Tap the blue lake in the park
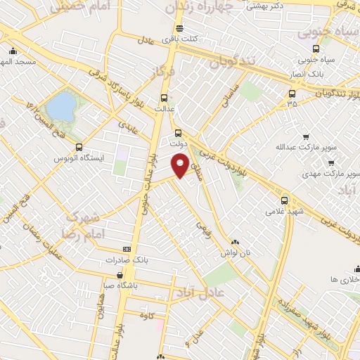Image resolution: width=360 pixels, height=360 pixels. (x=61, y=107)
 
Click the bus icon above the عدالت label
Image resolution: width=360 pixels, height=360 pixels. (x=165, y=98)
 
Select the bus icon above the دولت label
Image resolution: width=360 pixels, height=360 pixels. (x=178, y=132)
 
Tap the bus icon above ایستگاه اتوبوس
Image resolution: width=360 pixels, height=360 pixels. (x=79, y=148)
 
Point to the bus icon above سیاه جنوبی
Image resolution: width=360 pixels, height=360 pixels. (x=315, y=49)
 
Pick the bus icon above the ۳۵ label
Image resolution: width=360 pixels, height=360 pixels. (x=292, y=93)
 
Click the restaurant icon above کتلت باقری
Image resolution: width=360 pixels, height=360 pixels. (x=179, y=29)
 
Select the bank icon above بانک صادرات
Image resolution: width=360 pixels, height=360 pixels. (x=127, y=248)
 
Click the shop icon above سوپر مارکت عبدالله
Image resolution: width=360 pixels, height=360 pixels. (x=305, y=137)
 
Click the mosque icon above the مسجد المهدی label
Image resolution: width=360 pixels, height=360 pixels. (x=13, y=51)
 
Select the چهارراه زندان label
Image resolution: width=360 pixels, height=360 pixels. (x=193, y=6)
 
